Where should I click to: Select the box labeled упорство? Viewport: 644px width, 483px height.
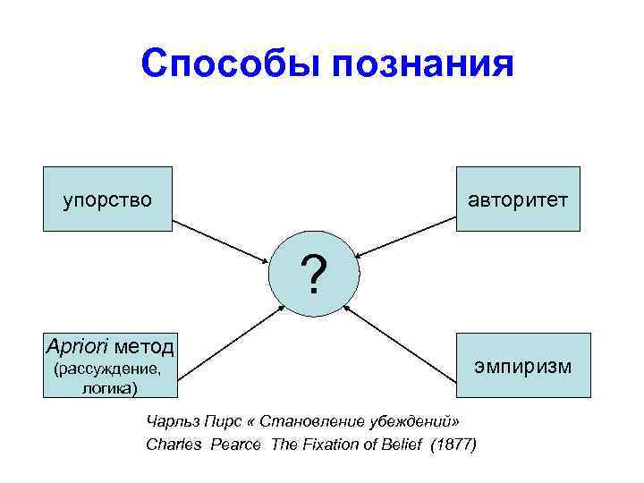(107, 199)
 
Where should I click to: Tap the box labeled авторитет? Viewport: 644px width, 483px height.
(518, 199)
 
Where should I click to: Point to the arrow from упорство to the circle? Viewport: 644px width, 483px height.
(221, 241)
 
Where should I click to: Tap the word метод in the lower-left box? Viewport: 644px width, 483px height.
(146, 346)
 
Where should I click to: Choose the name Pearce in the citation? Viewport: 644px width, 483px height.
(233, 445)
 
